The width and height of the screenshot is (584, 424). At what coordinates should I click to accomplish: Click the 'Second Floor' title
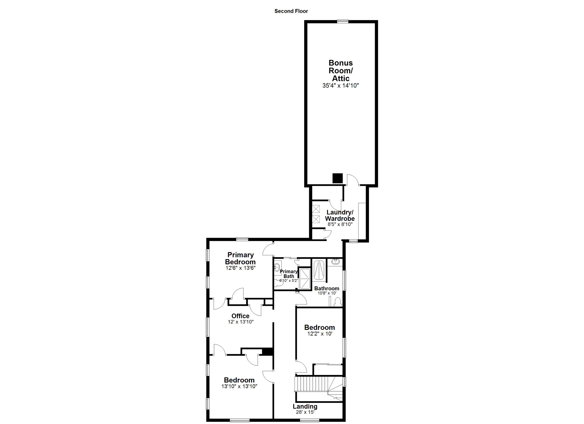[x=291, y=11]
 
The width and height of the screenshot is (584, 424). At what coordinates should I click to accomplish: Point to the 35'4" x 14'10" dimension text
[x=340, y=86]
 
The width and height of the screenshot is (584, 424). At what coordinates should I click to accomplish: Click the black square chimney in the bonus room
[x=338, y=178]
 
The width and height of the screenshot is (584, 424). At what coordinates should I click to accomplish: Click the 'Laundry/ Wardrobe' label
[x=340, y=215]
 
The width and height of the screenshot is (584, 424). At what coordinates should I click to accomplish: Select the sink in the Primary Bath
[x=277, y=267]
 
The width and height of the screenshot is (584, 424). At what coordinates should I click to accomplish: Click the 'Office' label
[x=240, y=316]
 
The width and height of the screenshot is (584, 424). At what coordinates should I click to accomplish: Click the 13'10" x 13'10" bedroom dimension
[x=239, y=386]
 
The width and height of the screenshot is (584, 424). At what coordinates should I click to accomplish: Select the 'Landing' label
[x=305, y=407]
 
